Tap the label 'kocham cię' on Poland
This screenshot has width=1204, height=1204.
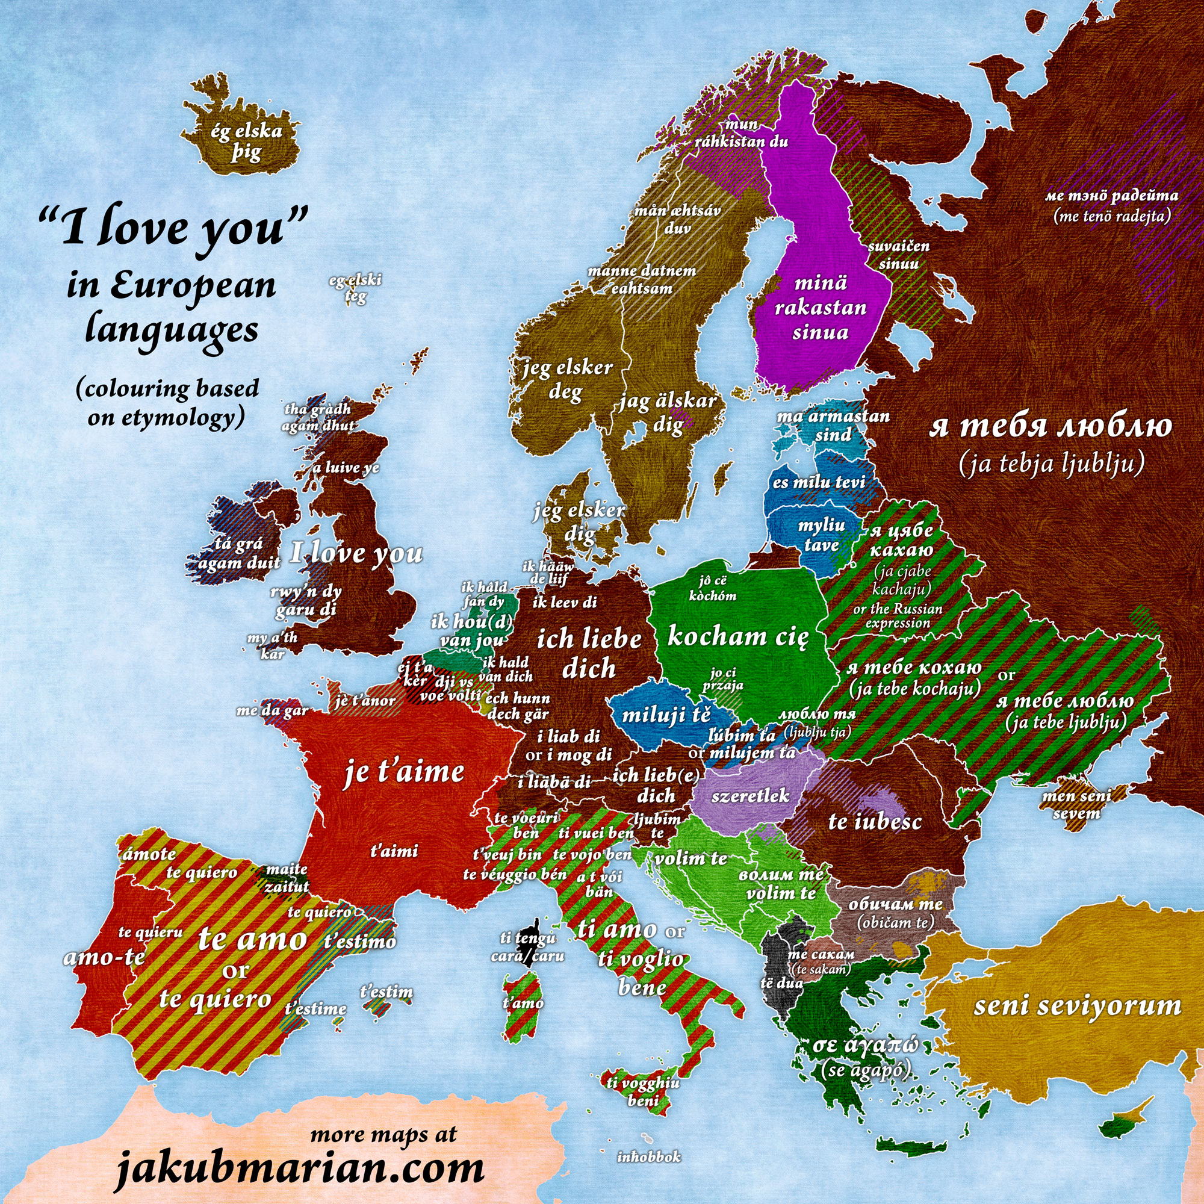pos(738,637)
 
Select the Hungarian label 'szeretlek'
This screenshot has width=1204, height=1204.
pos(750,796)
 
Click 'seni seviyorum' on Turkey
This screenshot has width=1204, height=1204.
pos(1077,1006)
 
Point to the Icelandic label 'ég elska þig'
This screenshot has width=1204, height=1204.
pos(247,142)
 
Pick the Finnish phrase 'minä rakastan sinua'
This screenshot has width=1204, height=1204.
pos(821,307)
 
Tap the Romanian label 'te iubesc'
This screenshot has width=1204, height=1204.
pos(874,821)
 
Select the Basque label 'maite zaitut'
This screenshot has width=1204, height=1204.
pos(286,878)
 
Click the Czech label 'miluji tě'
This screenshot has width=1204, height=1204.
pos(666,715)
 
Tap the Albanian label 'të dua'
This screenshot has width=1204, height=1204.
pos(781,983)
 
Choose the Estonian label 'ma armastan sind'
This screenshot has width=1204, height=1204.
pos(833,425)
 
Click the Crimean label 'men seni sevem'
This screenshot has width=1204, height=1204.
pos(1076,804)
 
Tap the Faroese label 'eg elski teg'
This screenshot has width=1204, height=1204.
pos(356,288)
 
